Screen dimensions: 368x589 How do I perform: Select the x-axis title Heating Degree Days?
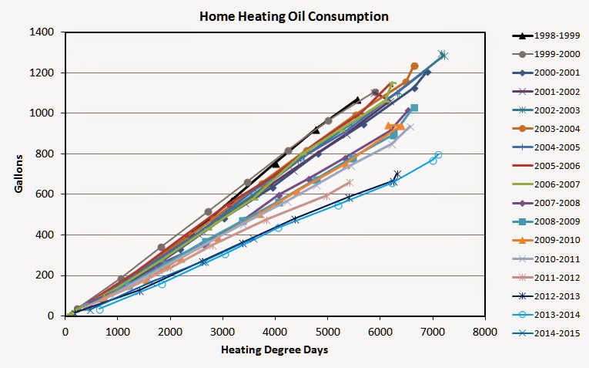click(x=275, y=350)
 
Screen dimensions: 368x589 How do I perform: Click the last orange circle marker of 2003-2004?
click(x=414, y=66)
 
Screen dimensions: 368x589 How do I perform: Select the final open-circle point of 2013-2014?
click(x=438, y=155)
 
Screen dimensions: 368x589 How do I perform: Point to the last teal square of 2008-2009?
click(x=414, y=108)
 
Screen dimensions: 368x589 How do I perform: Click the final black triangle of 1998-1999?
click(x=357, y=100)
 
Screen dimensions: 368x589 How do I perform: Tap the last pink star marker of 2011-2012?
click(x=350, y=183)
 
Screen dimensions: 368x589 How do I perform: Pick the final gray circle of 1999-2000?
click(x=375, y=93)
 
